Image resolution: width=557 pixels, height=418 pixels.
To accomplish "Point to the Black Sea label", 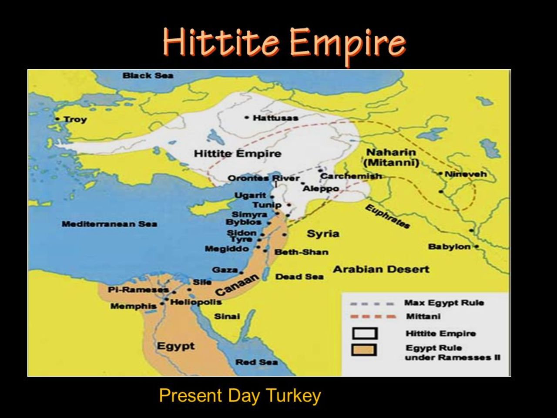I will [148, 76].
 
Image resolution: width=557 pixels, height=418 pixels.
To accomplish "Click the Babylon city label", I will [449, 247].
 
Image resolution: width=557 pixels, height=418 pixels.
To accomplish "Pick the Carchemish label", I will [351, 176].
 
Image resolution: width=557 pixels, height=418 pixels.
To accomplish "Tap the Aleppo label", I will [321, 189].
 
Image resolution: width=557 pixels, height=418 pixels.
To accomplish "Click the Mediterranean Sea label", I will [109, 224].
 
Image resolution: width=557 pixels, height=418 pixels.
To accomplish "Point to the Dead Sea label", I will [299, 276].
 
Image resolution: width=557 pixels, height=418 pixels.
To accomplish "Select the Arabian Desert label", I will [381, 270].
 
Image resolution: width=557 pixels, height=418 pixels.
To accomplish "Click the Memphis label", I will [133, 306].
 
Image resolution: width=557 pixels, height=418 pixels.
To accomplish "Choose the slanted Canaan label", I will [237, 284].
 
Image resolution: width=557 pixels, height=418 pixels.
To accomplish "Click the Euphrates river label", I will [387, 216].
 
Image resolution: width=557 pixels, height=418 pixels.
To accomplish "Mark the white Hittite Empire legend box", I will [365, 334].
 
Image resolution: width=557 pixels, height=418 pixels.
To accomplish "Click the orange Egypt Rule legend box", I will [365, 350].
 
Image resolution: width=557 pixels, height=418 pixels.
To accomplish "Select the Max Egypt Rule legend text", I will [444, 303].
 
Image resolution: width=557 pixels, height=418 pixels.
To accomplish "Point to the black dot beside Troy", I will [57, 119].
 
